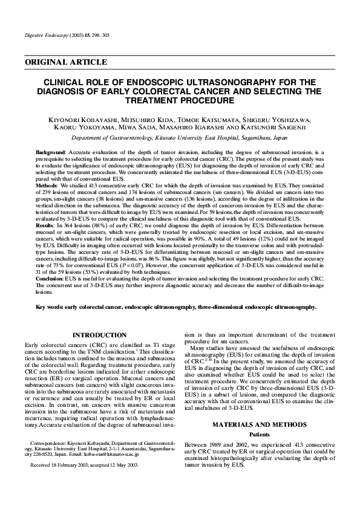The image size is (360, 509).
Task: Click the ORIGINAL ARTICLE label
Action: [66, 62]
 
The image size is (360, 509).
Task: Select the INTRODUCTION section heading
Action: [99, 335]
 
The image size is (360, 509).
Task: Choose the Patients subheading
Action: [255, 435]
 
